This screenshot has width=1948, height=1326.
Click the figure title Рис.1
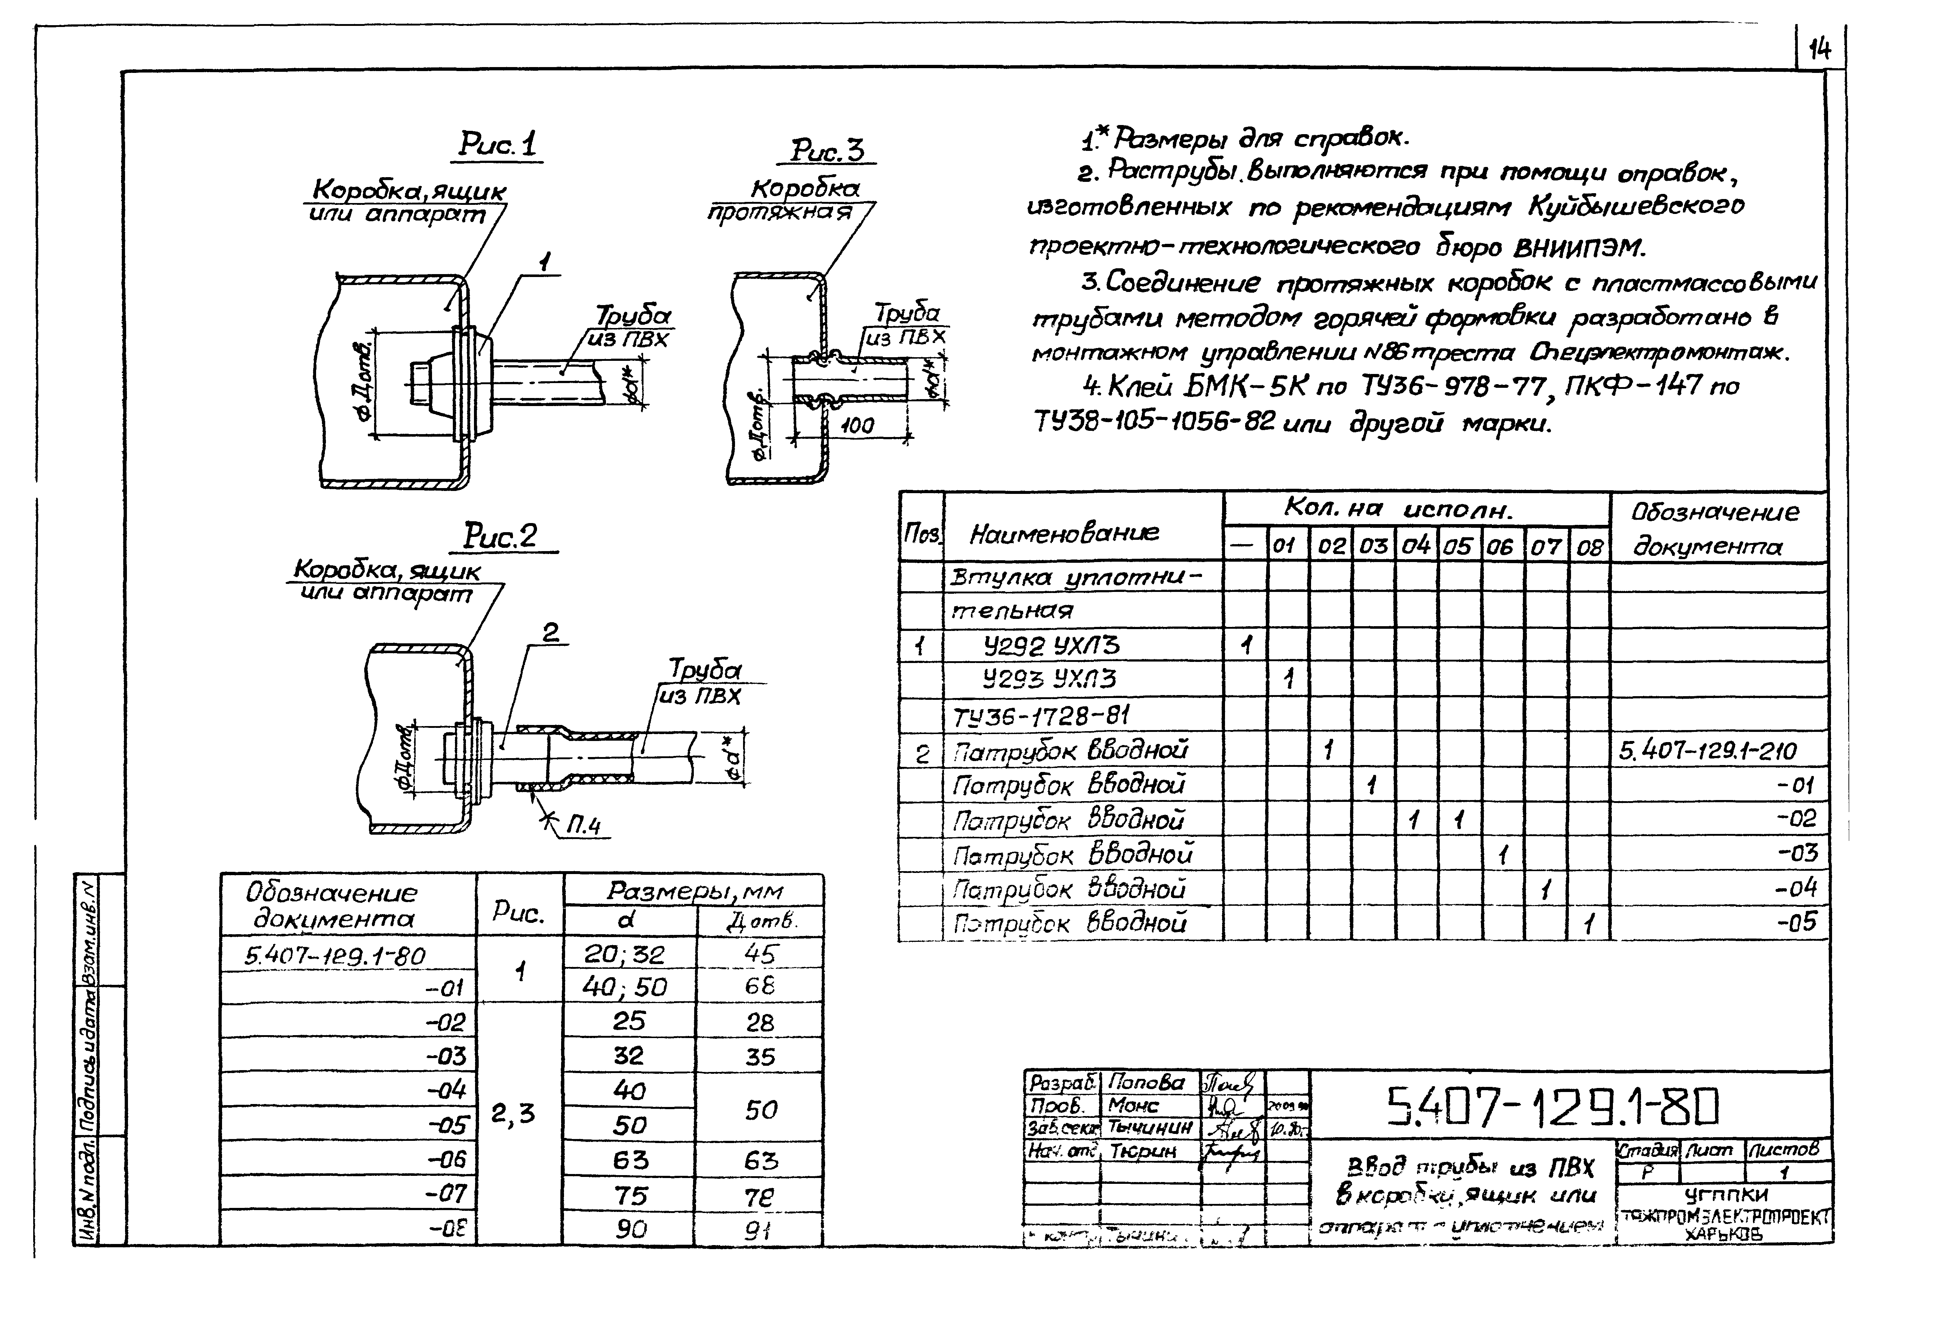tap(498, 144)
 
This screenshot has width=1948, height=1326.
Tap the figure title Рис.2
tap(501, 535)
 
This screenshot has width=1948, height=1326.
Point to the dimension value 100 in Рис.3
tap(857, 426)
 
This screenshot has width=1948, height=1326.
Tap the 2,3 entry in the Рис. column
tap(513, 1113)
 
